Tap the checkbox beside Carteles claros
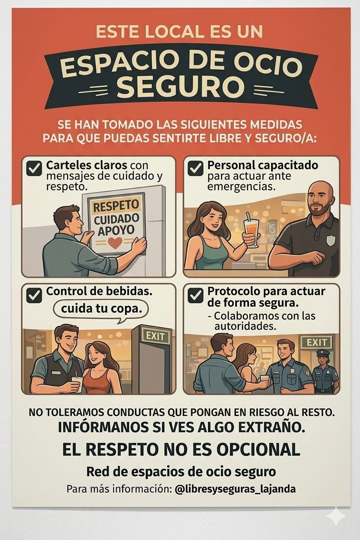pyautogui.click(x=34, y=168)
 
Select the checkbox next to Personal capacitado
pyautogui.click(x=195, y=168)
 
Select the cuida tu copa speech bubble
pyautogui.click(x=101, y=308)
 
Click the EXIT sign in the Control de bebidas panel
pyautogui.click(x=155, y=336)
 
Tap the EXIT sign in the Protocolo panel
pyautogui.click(x=316, y=342)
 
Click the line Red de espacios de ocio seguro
pyautogui.click(x=181, y=472)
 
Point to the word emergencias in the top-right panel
pyautogui.click(x=241, y=187)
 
